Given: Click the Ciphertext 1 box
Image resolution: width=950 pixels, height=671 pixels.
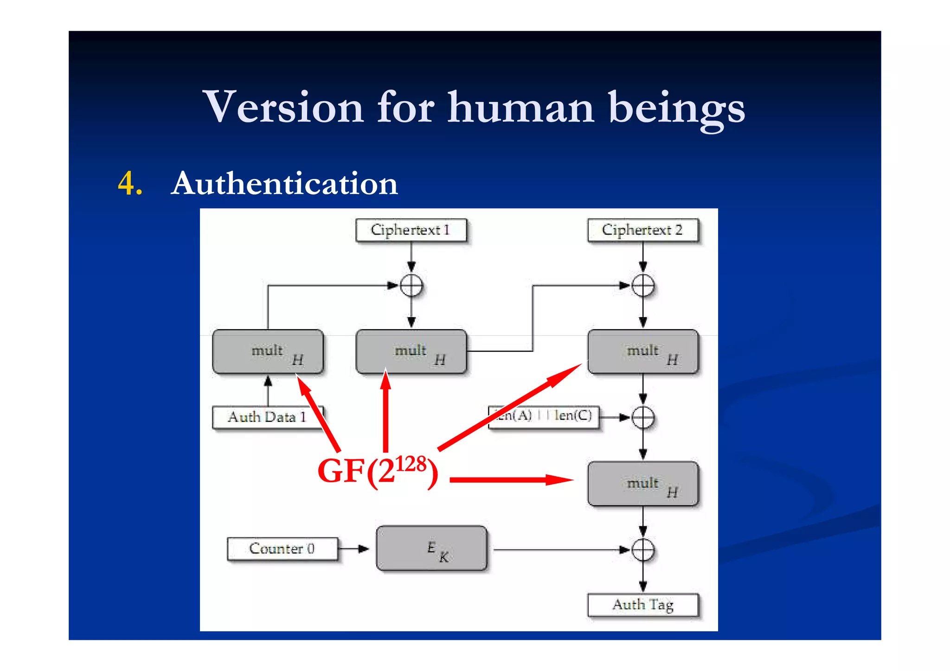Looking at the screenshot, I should pos(411,230).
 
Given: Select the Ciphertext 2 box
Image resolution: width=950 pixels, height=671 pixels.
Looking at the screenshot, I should pos(642,230).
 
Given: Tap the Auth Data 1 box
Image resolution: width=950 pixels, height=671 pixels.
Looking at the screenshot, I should pos(267,417).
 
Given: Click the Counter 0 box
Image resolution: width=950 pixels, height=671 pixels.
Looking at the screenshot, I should pos(282,549).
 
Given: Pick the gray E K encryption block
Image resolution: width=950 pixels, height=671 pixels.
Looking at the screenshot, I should pos(431,548).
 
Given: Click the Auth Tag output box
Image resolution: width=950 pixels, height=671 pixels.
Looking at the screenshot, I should pos(642,605).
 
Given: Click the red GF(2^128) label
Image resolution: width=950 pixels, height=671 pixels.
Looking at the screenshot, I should pos(377,471).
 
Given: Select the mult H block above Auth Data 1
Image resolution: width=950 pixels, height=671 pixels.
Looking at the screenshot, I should pos(268,351).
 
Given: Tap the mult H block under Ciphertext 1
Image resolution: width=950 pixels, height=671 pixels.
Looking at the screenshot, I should pos(411,351).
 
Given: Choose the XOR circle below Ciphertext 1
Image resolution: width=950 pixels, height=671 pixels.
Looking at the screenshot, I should pos(411,285).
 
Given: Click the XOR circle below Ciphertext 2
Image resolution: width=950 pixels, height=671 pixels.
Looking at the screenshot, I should pos(643,285).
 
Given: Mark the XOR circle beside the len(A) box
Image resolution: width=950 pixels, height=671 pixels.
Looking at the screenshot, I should pos(643,417).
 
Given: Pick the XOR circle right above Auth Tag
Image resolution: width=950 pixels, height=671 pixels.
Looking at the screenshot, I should pos(643,550).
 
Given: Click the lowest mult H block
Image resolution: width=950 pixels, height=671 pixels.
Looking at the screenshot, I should pos(642,484).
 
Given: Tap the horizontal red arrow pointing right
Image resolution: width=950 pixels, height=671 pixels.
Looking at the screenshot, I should pos(510,479).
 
